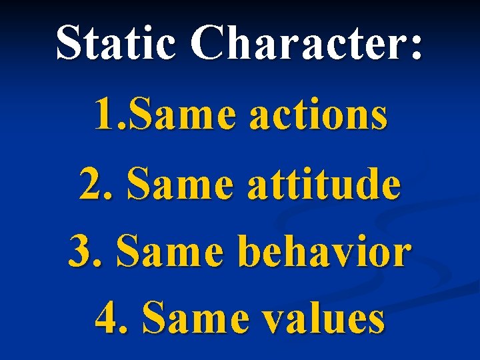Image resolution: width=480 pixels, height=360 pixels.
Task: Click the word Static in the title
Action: coord(115,43)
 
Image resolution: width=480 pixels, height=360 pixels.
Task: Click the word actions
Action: coord(318,115)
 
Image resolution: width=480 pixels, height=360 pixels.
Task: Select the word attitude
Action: coord(324,184)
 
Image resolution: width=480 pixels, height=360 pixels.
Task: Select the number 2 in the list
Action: coord(90,184)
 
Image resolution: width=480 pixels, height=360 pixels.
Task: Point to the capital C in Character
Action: coord(208,43)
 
